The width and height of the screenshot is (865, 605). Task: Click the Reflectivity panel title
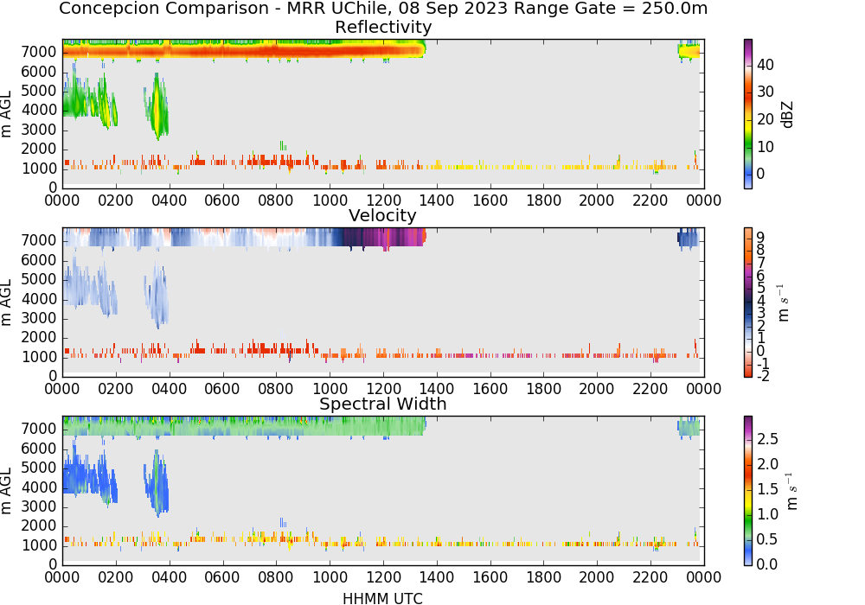point(383,27)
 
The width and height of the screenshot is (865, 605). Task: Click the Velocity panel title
point(382,215)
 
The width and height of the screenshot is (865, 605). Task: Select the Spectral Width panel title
point(383,404)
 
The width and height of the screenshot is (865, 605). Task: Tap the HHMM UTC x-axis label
point(382,598)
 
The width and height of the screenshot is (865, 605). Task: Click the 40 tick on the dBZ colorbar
point(766,65)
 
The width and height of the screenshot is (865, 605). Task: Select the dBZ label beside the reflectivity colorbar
point(787,115)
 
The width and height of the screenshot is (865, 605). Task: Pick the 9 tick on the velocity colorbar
point(760,238)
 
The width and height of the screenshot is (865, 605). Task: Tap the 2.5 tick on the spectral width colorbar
point(767,439)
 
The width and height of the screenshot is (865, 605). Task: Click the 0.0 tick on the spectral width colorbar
point(767,564)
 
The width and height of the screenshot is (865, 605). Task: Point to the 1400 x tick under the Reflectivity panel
point(437,201)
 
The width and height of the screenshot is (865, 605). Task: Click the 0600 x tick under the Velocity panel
point(222,389)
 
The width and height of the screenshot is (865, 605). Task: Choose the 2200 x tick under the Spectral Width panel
point(650,577)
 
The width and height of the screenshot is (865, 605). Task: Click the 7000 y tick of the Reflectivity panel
point(39,53)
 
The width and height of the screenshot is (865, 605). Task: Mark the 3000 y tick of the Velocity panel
point(39,318)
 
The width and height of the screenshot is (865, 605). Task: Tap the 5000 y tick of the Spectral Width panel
point(39,468)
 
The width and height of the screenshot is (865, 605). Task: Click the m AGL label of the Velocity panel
point(6,302)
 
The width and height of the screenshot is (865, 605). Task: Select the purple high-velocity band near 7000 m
point(383,238)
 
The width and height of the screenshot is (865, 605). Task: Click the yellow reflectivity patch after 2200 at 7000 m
point(689,51)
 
